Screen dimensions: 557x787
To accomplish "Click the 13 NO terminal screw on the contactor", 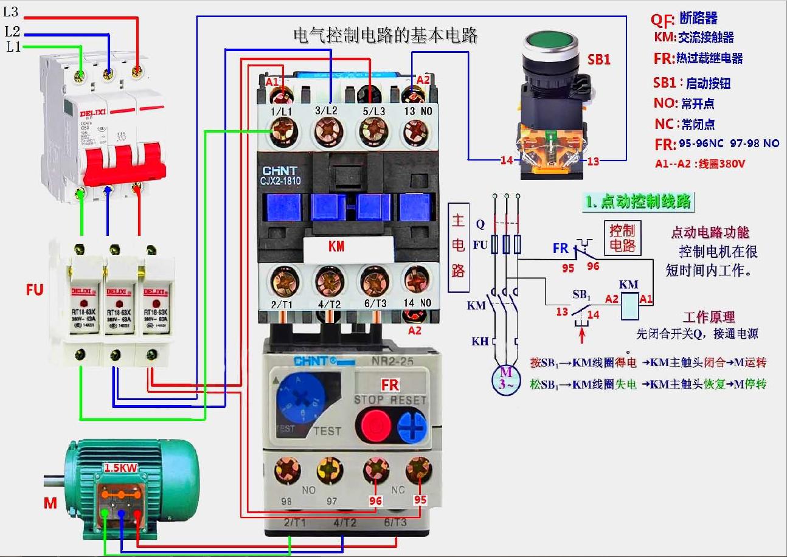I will [417, 130].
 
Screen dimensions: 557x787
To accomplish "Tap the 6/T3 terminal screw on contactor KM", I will [374, 281].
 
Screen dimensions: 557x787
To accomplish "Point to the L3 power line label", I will [12, 12].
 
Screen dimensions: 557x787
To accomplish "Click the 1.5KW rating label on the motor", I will [120, 468].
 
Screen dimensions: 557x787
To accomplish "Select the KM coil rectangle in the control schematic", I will [628, 306].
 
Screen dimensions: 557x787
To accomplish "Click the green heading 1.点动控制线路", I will [637, 202].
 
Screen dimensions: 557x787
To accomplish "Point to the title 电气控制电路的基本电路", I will [386, 36].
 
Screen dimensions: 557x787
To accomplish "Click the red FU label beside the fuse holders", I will [35, 289].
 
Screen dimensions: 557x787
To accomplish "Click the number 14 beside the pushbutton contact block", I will [507, 161].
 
